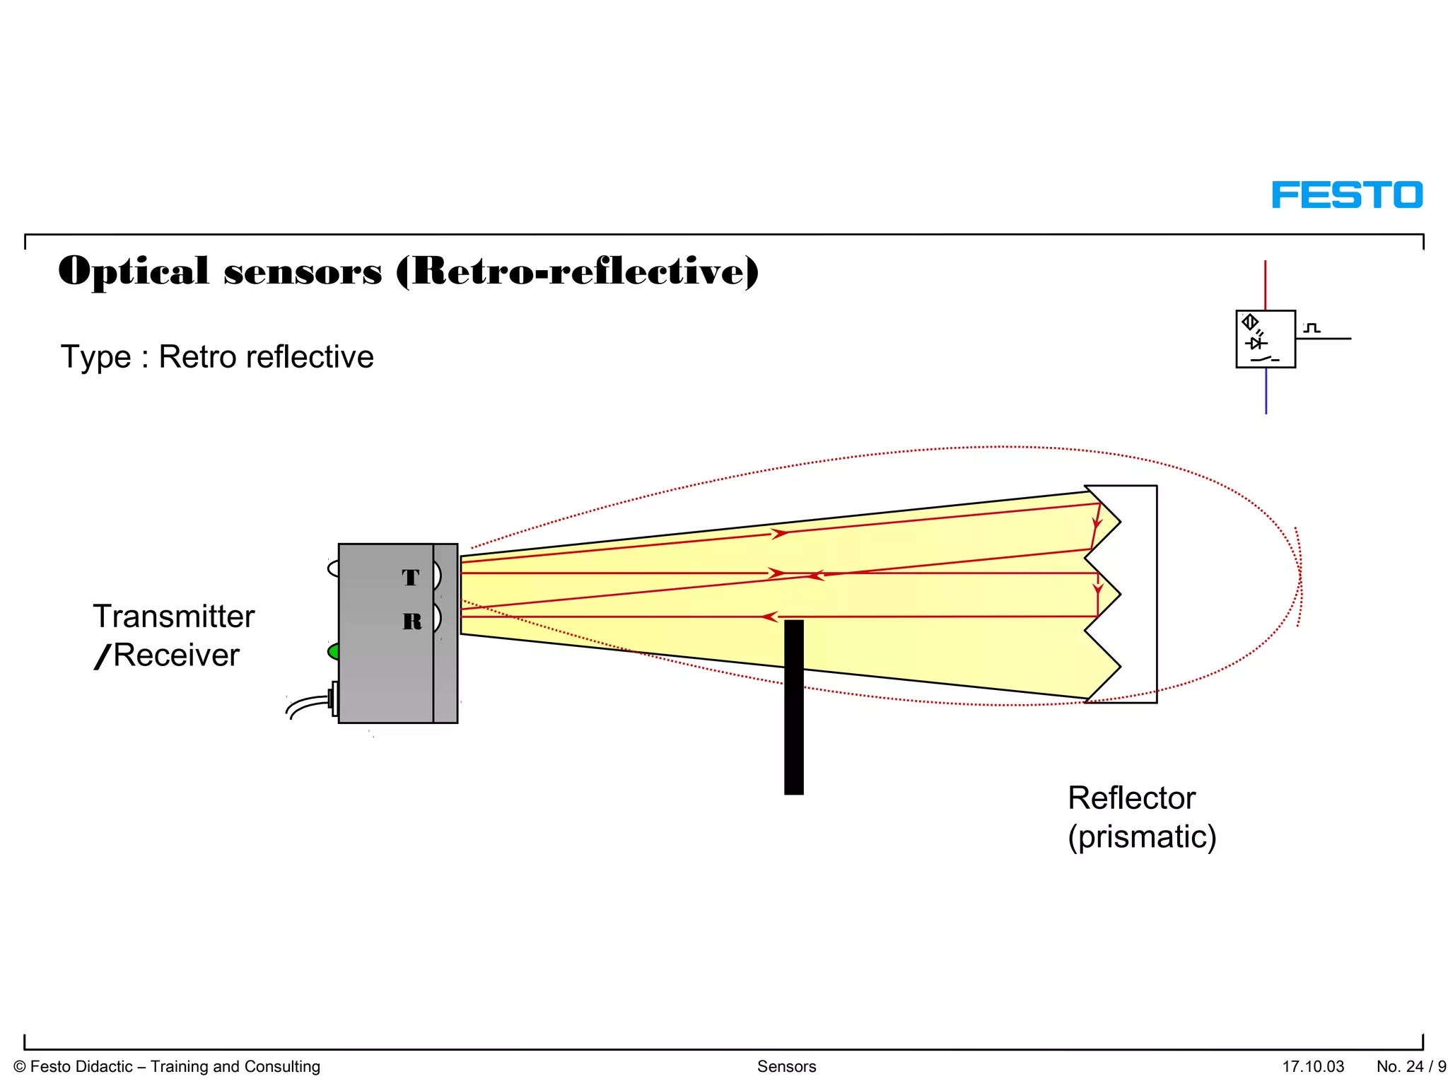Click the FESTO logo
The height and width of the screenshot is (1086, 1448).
coord(1347,195)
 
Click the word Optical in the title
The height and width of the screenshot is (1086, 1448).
coord(134,271)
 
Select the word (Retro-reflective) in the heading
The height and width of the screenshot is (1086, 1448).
coord(577,271)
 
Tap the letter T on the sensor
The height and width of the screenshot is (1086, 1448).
coord(411,578)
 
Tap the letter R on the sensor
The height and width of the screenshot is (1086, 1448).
coord(412,621)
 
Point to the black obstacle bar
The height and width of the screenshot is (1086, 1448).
coord(794,707)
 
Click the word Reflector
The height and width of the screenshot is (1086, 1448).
coord(1131,798)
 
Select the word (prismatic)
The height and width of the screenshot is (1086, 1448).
coord(1142,837)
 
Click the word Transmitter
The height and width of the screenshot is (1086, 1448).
coord(174,617)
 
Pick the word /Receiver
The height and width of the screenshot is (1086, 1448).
coord(167,655)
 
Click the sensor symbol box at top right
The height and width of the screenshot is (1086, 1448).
coord(1265,339)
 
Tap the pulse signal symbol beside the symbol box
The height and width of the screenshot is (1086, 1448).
coord(1312,328)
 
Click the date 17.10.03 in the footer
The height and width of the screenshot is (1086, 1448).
coord(1313,1066)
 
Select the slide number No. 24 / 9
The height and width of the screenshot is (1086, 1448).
coord(1411,1066)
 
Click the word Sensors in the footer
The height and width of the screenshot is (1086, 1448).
coord(786,1066)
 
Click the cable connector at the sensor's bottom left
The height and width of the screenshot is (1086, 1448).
coord(332,699)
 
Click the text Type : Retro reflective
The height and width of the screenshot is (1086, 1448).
coord(217,357)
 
